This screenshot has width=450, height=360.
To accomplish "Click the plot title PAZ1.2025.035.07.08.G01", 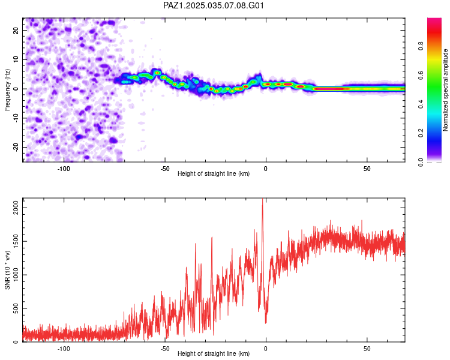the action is [x=213, y=5].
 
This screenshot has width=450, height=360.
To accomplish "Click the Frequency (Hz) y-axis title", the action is [x=7, y=90].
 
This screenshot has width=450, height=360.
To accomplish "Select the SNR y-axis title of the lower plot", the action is [x=7, y=270].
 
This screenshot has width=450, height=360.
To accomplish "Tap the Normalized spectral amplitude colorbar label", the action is [x=445, y=90].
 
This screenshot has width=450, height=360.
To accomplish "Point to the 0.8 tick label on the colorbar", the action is [x=421, y=46].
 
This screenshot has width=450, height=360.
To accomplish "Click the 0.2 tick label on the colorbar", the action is [x=421, y=133].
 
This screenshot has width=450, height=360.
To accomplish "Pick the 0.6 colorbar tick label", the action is [x=421, y=75].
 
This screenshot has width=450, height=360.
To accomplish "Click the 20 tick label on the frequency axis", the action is [x=16, y=31].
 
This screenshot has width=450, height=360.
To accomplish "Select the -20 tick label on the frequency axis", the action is [x=16, y=147].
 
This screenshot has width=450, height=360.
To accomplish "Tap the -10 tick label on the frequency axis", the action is [x=16, y=118].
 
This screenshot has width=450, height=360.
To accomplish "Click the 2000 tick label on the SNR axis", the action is [x=16, y=208].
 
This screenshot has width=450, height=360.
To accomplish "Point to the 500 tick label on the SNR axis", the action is [x=16, y=308].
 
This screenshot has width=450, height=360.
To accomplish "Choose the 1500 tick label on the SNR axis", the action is [x=16, y=241].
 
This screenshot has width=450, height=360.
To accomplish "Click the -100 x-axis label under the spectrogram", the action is [x=64, y=169].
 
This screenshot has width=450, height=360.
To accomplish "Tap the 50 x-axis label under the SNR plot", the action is [x=367, y=349].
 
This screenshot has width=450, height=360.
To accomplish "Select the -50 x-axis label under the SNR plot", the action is [x=165, y=349].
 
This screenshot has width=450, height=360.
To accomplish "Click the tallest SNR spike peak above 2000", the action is [x=262, y=199].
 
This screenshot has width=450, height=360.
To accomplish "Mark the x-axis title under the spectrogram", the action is [x=214, y=173].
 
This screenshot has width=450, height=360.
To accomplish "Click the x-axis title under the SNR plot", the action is [x=214, y=353].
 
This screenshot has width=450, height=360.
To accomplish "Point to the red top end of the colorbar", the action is [x=434, y=20].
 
